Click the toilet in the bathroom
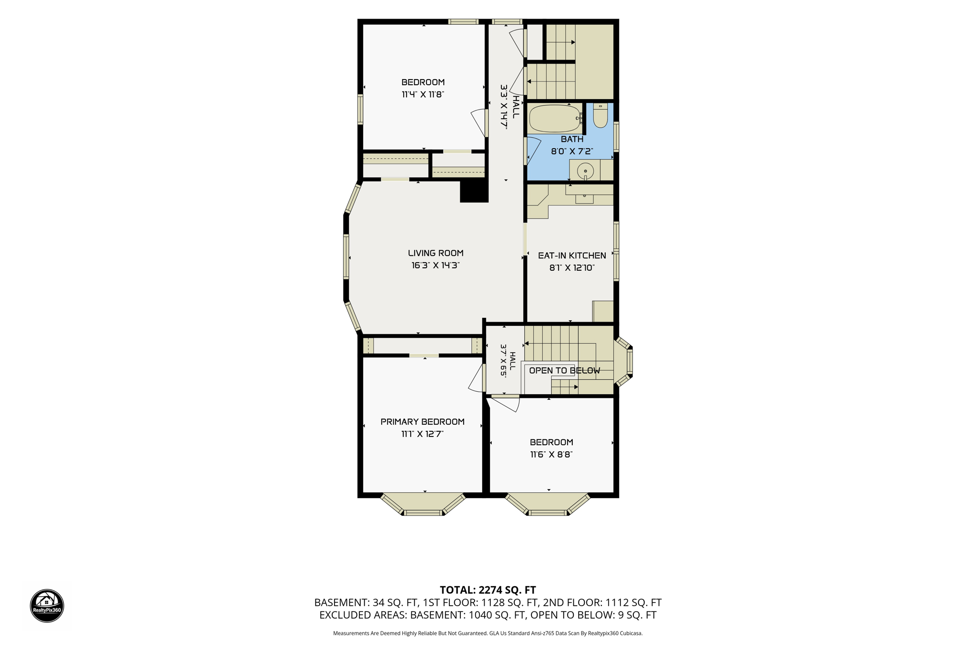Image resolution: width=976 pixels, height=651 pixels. point(600,115)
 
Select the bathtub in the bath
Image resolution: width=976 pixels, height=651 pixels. point(555,118)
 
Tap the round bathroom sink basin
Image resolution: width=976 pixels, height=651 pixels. point(585,171)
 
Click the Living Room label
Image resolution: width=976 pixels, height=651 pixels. point(436,253)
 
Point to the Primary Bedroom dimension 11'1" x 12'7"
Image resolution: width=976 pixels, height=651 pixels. point(422,434)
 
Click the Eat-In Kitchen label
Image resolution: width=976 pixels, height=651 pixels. point(572,255)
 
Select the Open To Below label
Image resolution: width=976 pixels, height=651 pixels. point(565,370)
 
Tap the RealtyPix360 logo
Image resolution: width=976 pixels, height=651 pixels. point(47,606)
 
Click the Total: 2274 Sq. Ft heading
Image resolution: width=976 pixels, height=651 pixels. point(488,590)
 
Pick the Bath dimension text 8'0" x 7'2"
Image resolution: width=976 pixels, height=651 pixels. point(572,151)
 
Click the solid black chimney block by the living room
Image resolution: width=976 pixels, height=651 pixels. point(474,192)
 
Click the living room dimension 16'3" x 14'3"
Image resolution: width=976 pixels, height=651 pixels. point(436,265)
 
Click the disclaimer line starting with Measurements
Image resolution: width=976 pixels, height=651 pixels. point(488,633)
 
